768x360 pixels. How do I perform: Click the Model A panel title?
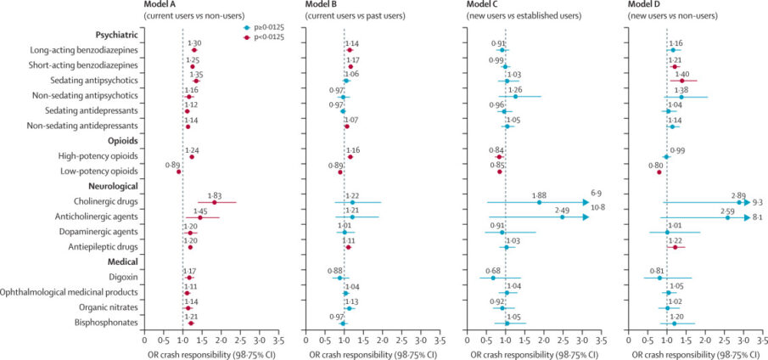[x=167, y=5]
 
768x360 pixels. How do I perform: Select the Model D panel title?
[x=653, y=5]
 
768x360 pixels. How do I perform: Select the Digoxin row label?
[x=120, y=277]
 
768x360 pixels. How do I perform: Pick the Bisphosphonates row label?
[x=98, y=323]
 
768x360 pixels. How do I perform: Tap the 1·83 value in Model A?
[x=213, y=194]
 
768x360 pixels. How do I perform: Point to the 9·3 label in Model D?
[x=757, y=202]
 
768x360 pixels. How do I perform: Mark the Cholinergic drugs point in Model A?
[x=214, y=202]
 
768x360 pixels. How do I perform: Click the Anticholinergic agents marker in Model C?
[x=562, y=217]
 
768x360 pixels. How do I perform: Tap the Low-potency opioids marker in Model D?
[x=659, y=172]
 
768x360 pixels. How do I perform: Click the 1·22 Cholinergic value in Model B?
[x=351, y=194]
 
